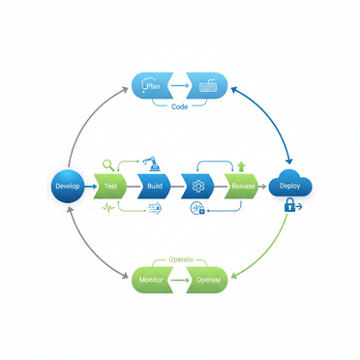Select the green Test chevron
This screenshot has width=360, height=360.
[x=108, y=184]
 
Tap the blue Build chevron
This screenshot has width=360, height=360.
[x=154, y=184]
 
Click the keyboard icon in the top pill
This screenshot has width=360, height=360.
[x=207, y=87]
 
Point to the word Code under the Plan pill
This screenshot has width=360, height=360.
[x=180, y=106]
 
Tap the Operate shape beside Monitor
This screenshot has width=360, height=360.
[x=207, y=280]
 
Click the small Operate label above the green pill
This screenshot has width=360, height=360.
[x=181, y=259]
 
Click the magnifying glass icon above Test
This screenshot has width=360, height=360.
[x=107, y=165]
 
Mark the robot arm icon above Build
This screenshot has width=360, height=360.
[x=149, y=164]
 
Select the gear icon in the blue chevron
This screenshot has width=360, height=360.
[x=198, y=184]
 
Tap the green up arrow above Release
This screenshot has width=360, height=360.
[x=241, y=166]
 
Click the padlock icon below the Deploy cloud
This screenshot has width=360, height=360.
[x=289, y=205]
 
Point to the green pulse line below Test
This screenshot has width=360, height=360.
[x=108, y=206]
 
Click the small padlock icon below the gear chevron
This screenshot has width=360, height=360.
[x=201, y=209]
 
